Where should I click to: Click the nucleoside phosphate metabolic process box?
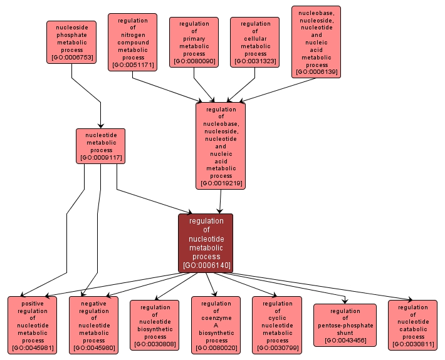(x=71, y=43)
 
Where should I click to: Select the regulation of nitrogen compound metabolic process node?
(x=132, y=43)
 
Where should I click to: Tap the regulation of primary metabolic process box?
(x=194, y=42)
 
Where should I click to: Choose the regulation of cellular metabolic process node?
(x=255, y=42)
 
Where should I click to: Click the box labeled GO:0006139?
(x=317, y=42)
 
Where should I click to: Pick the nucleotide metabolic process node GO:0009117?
(x=101, y=146)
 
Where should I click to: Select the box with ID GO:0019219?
(x=221, y=145)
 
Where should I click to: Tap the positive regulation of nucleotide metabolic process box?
(x=33, y=325)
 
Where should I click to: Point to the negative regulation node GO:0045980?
(x=94, y=325)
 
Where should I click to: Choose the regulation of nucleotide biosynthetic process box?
(x=155, y=325)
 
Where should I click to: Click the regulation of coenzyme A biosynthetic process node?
(x=216, y=325)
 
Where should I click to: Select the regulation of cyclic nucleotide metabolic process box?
(x=278, y=325)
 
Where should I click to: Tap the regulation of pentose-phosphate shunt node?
(x=345, y=325)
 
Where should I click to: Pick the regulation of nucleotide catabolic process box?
(x=413, y=325)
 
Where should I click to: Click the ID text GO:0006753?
(x=71, y=58)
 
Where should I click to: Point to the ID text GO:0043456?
(x=345, y=341)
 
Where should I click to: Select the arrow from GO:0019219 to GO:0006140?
(x=220, y=202)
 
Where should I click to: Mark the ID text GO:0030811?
(x=413, y=344)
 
